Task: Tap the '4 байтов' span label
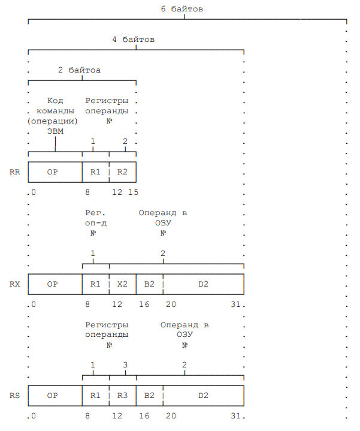coord(133,40)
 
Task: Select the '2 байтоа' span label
coord(79,70)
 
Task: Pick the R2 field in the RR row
coord(122,171)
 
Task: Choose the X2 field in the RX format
coord(122,284)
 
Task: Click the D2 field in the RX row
coord(203,284)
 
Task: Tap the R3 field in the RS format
coord(122,396)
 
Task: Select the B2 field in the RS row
coord(149,396)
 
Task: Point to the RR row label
coord(15,171)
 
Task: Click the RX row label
coord(15,284)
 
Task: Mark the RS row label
coord(15,396)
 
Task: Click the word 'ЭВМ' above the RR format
coord(55,131)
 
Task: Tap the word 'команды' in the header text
coord(55,111)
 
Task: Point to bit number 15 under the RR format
coord(133,192)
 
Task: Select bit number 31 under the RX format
coord(235,304)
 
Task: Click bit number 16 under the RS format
coord(144,415)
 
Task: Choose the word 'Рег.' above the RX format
coord(96,213)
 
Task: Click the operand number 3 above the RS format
coord(125,364)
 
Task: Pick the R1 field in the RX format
coord(95,284)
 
